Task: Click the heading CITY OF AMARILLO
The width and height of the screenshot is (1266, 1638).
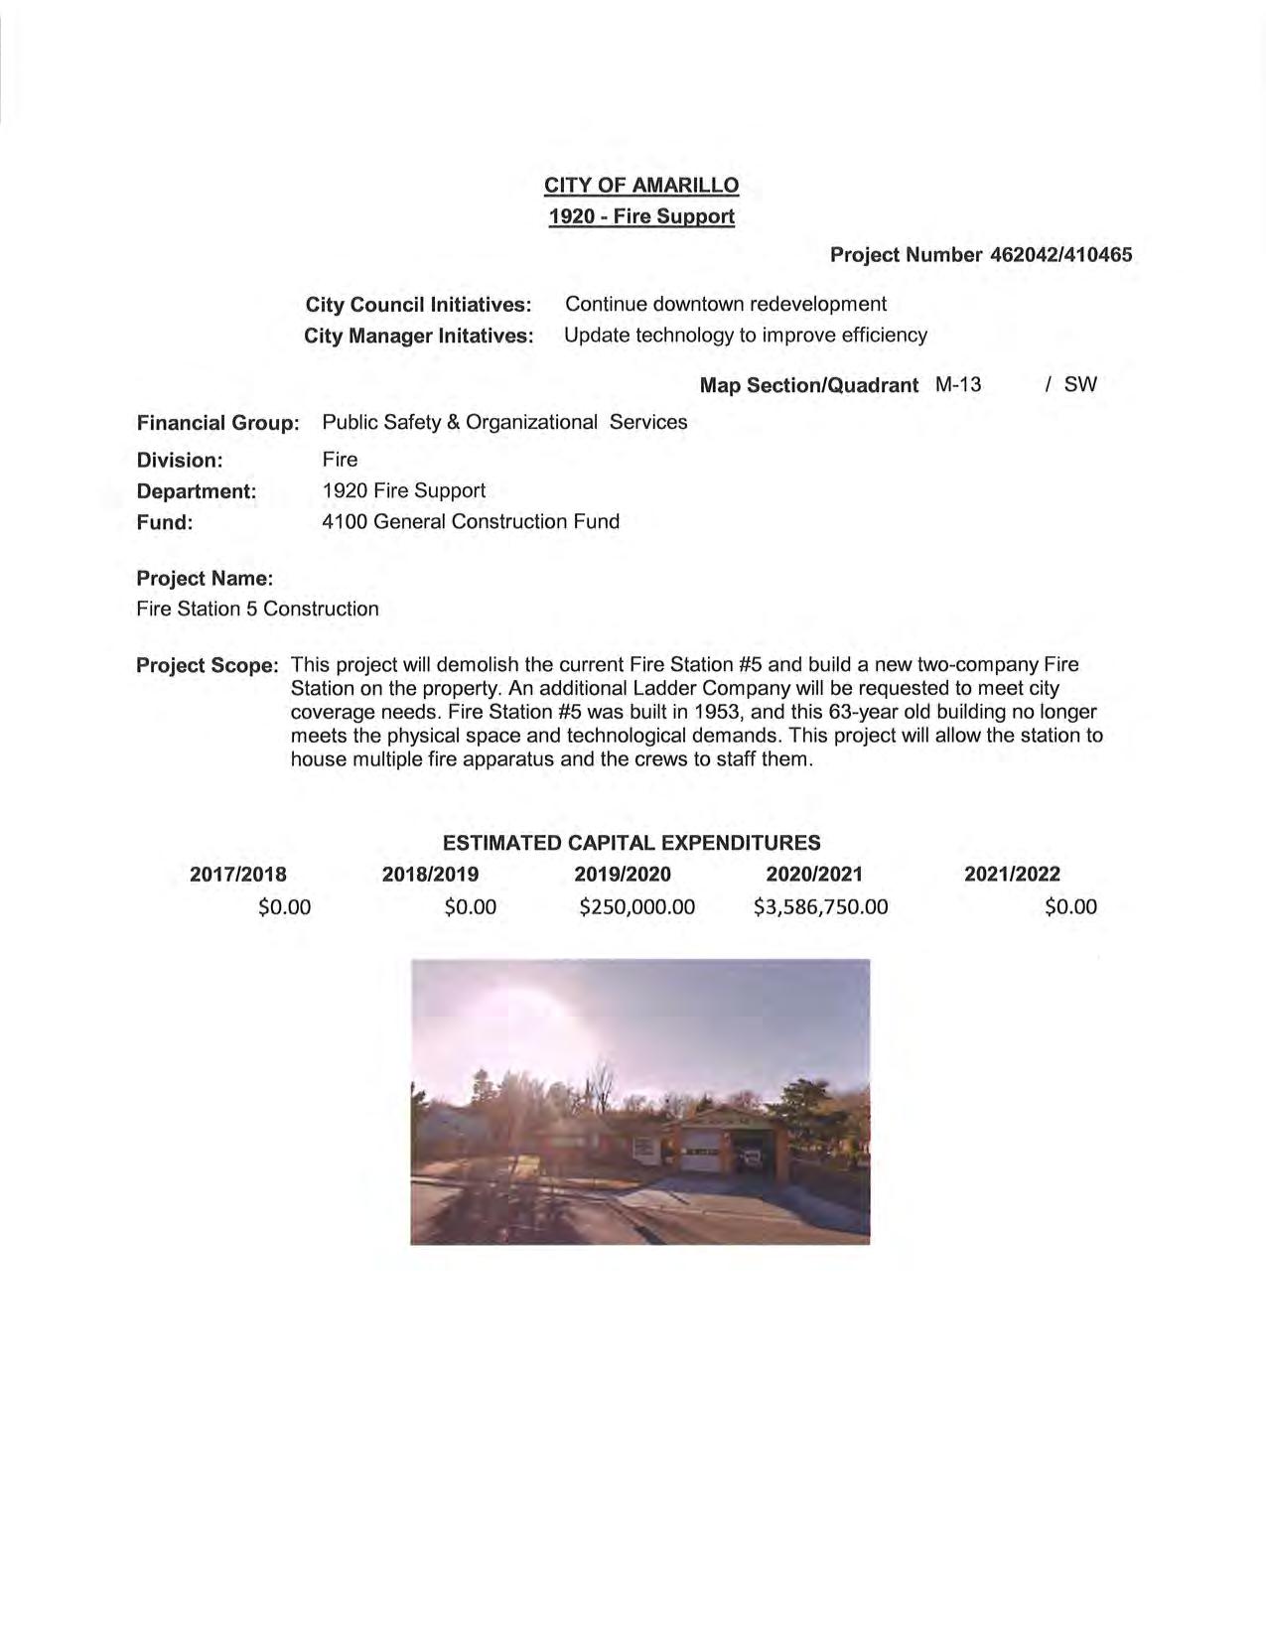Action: [x=640, y=186]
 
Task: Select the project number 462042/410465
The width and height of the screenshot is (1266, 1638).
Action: [x=1060, y=255]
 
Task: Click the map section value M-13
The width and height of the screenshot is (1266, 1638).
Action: [x=957, y=384]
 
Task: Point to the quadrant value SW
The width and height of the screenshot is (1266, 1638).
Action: [x=1080, y=384]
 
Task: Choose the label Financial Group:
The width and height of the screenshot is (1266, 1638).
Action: [x=217, y=423]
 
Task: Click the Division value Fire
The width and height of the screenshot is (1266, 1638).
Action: [x=340, y=460]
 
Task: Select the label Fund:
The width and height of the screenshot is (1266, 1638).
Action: [x=164, y=522]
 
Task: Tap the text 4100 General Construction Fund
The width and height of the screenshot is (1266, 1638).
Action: [x=471, y=521]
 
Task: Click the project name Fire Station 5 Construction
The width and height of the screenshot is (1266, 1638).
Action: [x=257, y=609]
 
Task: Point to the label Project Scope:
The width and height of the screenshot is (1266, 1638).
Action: [x=208, y=665]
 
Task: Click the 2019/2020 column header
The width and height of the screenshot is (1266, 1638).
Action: [x=623, y=875]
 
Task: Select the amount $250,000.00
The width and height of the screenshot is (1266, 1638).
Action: [x=636, y=906]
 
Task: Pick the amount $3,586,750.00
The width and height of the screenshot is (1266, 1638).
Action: [x=820, y=906]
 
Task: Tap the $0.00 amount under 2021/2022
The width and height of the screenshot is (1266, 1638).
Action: [x=1070, y=906]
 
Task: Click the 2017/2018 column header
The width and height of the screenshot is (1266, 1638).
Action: [x=238, y=875]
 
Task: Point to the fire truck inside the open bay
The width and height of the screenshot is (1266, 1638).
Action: [x=750, y=1154]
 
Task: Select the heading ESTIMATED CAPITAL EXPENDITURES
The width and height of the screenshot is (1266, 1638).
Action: [x=632, y=843]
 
